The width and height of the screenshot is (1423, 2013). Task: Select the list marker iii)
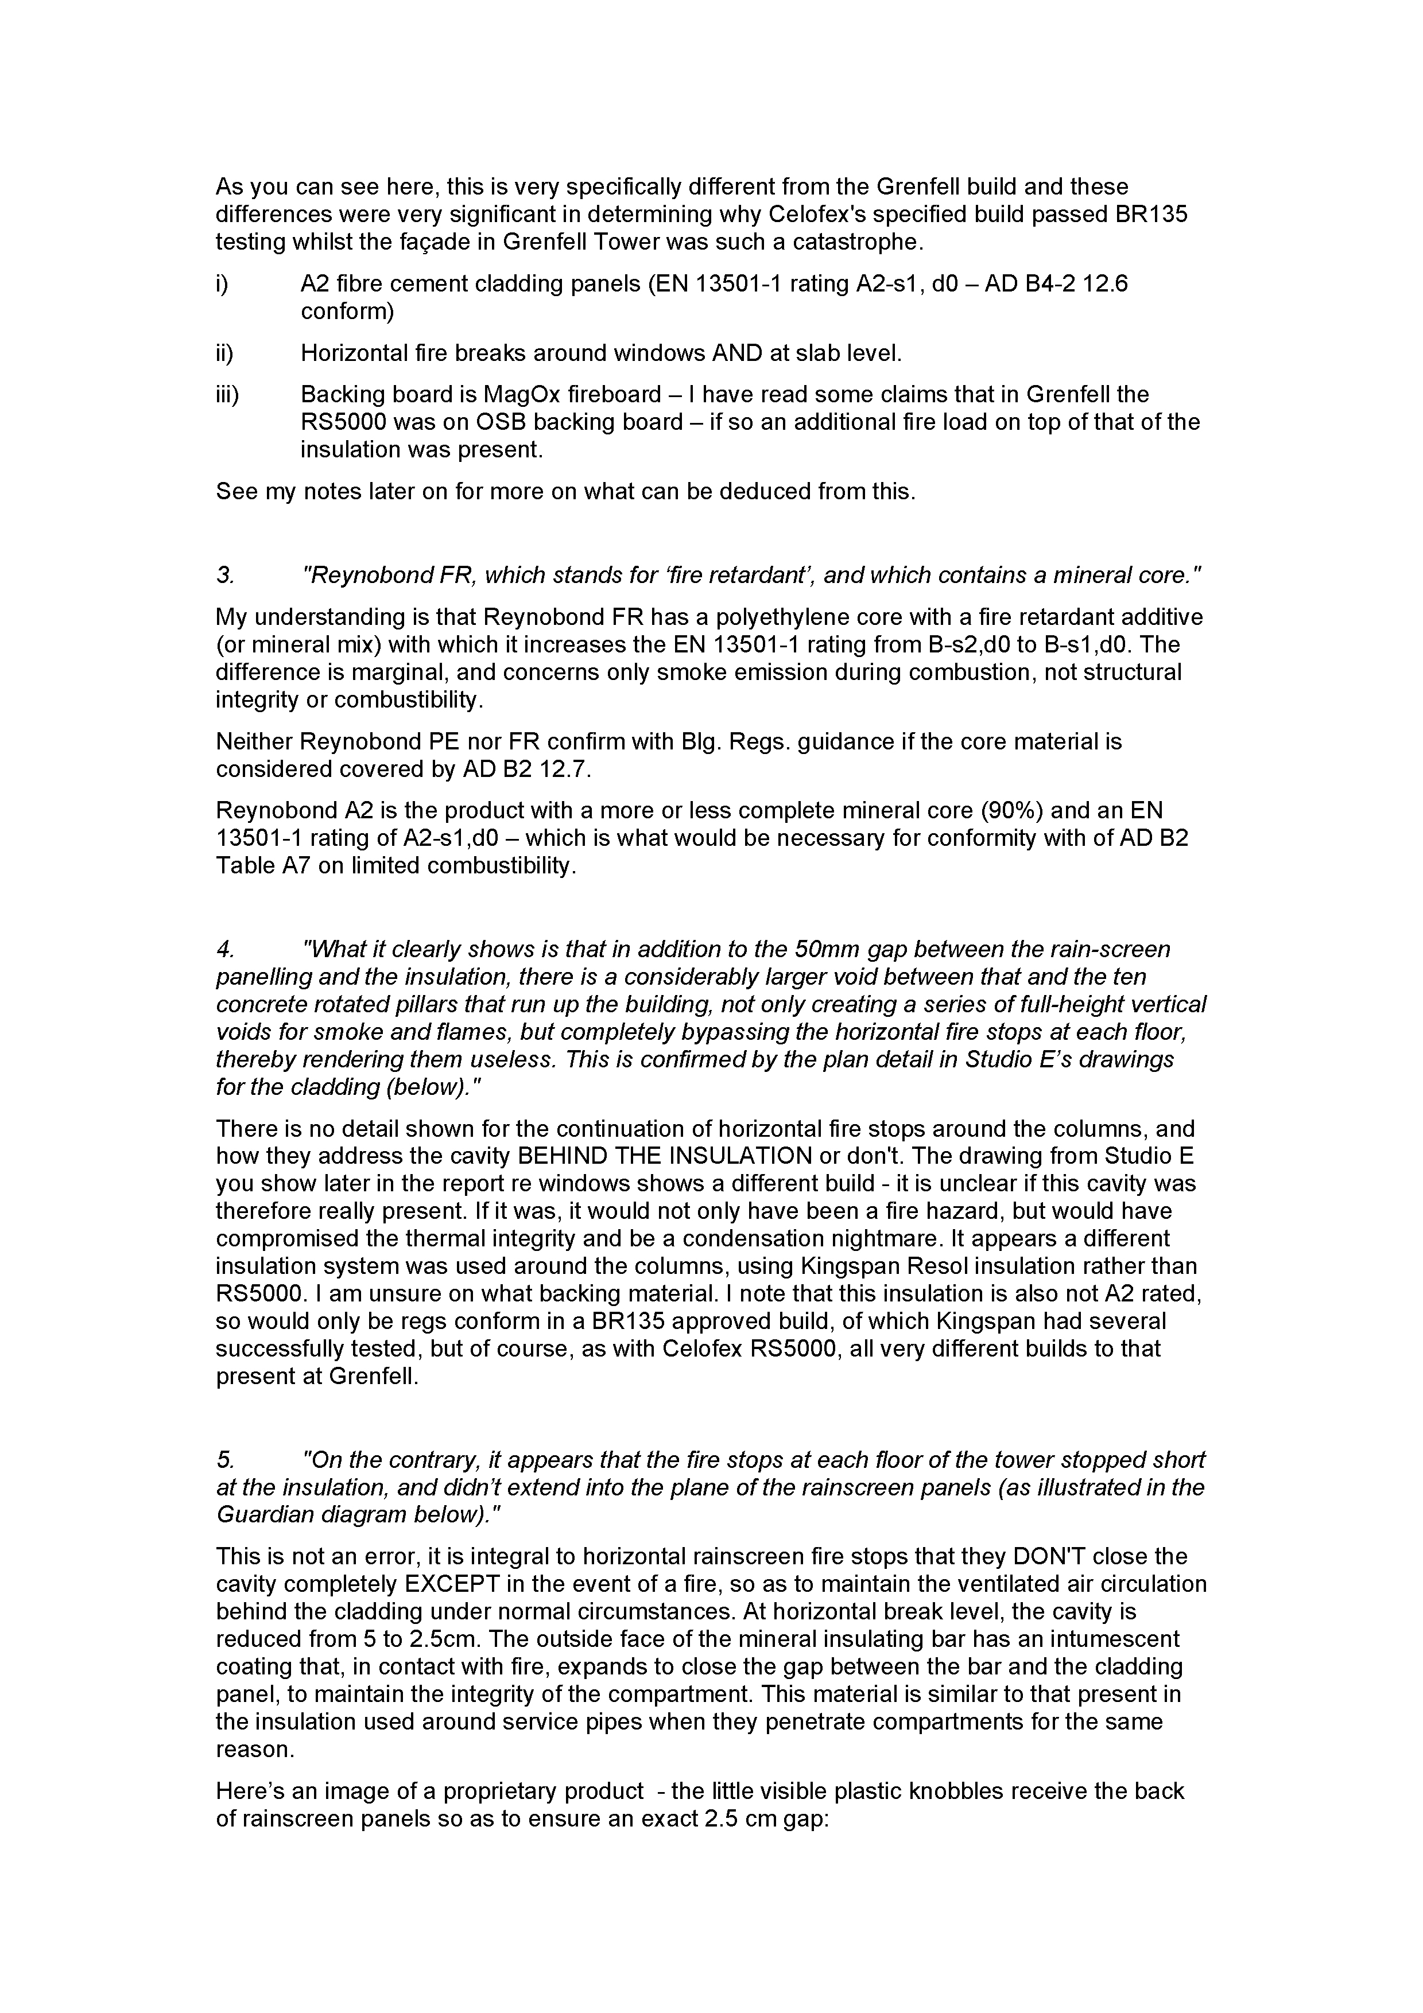(227, 395)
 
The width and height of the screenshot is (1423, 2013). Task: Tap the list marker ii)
(224, 353)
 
